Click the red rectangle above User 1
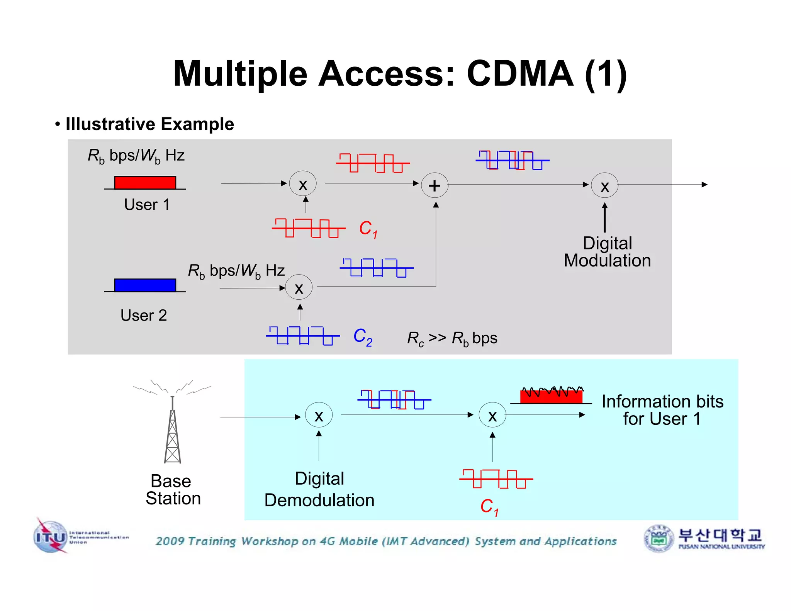(145, 183)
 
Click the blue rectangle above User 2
(145, 285)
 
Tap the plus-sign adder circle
(435, 185)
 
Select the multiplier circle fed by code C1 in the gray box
(303, 184)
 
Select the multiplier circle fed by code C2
(299, 287)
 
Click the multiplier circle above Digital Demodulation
(319, 415)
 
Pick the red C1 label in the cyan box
(489, 507)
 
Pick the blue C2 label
(363, 337)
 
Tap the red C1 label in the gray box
(368, 229)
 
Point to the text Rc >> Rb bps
(452, 338)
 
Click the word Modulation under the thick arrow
(607, 261)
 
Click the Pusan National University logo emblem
(659, 538)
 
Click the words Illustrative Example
(150, 124)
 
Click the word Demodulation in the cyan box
(319, 500)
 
